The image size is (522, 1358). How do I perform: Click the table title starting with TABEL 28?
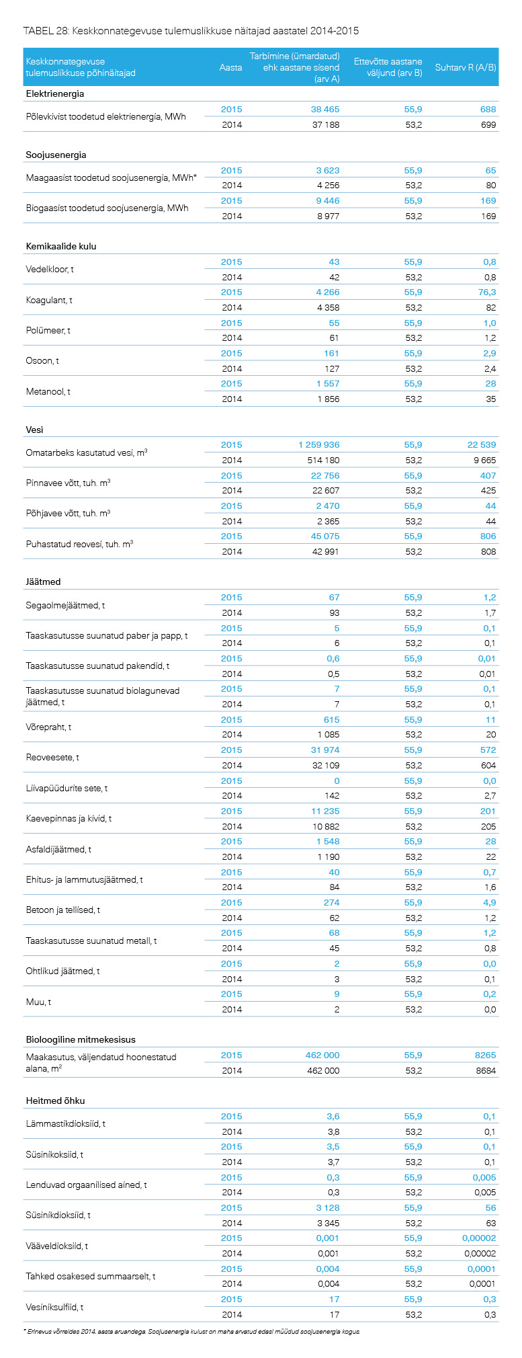pyautogui.click(x=191, y=31)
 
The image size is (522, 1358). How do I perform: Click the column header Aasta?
pyautogui.click(x=230, y=67)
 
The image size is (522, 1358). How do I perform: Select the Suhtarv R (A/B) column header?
pyautogui.click(x=466, y=67)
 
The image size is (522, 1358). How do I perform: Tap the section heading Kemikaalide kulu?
pyautogui.click(x=61, y=246)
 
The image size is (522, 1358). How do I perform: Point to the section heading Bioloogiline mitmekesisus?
pyautogui.click(x=81, y=1039)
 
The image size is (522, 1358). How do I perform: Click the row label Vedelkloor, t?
pyautogui.click(x=50, y=270)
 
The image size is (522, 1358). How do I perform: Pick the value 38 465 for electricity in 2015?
pyautogui.click(x=325, y=109)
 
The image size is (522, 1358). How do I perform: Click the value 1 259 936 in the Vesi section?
pyautogui.click(x=319, y=444)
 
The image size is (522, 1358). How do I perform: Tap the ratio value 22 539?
pyautogui.click(x=482, y=444)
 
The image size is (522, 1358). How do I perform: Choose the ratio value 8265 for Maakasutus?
pyautogui.click(x=485, y=1055)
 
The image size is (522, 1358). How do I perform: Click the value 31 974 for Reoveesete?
pyautogui.click(x=325, y=750)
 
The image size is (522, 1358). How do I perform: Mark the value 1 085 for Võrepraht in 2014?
pyautogui.click(x=329, y=734)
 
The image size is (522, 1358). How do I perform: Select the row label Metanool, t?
pyautogui.click(x=48, y=391)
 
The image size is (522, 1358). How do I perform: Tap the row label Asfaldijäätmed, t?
pyautogui.click(x=58, y=849)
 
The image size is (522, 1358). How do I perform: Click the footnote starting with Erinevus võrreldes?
pyautogui.click(x=191, y=1330)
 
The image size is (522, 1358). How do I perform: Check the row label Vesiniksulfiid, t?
pyautogui.click(x=54, y=1307)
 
